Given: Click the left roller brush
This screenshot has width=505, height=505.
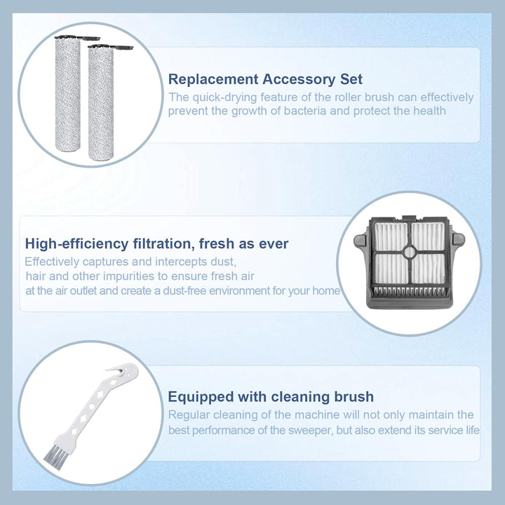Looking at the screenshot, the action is tap(67, 94).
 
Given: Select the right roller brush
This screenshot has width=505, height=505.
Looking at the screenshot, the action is tap(101, 103).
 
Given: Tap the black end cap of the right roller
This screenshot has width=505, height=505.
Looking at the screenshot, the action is tap(111, 48).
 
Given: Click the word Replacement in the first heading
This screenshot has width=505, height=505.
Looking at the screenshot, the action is tap(213, 79).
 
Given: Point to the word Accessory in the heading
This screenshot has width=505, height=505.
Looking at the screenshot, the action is tap(299, 79).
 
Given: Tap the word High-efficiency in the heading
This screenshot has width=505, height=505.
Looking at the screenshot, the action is tap(77, 243).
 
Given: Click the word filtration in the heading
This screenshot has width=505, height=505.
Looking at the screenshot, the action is tap(163, 243).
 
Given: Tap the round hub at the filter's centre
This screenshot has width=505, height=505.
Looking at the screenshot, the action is tap(410, 252).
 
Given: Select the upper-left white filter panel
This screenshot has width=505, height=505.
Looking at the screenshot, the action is tap(391, 236).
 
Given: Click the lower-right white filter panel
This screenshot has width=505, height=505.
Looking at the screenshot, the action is tap(429, 269).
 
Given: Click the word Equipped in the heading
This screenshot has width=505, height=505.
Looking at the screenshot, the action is tap(201, 397).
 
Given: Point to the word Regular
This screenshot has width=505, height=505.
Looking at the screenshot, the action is tap(189, 415).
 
